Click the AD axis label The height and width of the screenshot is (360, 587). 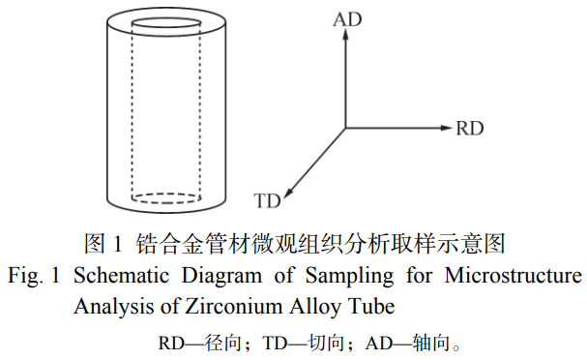(347, 19)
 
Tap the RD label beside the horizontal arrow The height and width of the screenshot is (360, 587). (470, 129)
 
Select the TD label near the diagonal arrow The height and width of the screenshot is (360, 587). (267, 200)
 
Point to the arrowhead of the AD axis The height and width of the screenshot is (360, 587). (345, 34)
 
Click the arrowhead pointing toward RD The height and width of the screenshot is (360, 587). (447, 128)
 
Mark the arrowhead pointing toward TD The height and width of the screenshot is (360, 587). (288, 193)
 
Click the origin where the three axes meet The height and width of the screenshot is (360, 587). (345, 128)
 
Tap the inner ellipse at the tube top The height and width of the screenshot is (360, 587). (166, 17)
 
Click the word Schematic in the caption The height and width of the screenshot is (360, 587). (121, 276)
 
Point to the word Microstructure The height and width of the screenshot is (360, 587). (514, 276)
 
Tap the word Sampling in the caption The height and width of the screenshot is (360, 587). (349, 277)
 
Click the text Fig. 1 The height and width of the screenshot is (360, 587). (34, 277)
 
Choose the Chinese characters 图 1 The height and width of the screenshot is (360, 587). (103, 244)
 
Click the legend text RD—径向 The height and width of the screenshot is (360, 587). (199, 343)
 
